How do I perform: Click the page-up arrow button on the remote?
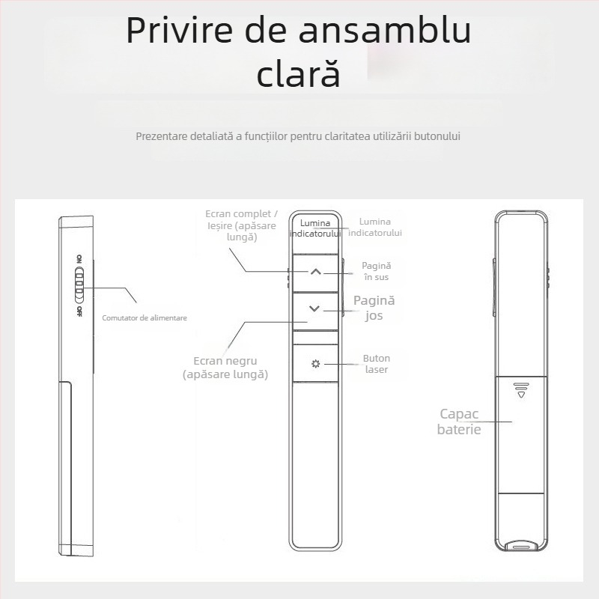coord(315,273)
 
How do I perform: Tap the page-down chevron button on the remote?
coord(314,308)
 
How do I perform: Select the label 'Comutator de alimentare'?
coord(145,317)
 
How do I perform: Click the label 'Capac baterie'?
coord(459,422)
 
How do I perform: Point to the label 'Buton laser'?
coord(376,364)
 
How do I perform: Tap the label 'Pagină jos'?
coord(374,308)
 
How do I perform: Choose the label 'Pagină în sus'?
coord(376,271)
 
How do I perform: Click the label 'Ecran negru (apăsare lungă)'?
coord(225,367)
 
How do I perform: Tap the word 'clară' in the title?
coord(299,74)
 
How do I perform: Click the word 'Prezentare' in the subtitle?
coord(160,136)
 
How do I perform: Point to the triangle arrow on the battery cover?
coord(522,393)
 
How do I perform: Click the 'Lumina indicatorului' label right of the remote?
coord(375,227)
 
